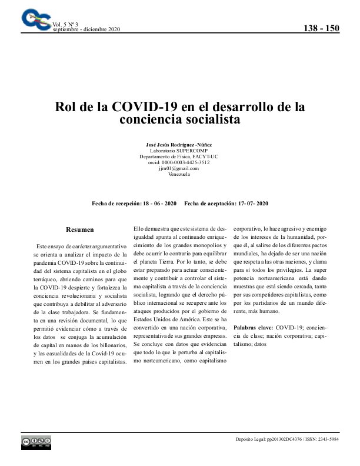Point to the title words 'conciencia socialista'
(179, 120)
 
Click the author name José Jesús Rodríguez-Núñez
(179, 145)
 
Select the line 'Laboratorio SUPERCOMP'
(179, 151)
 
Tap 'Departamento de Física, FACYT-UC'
(179, 157)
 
